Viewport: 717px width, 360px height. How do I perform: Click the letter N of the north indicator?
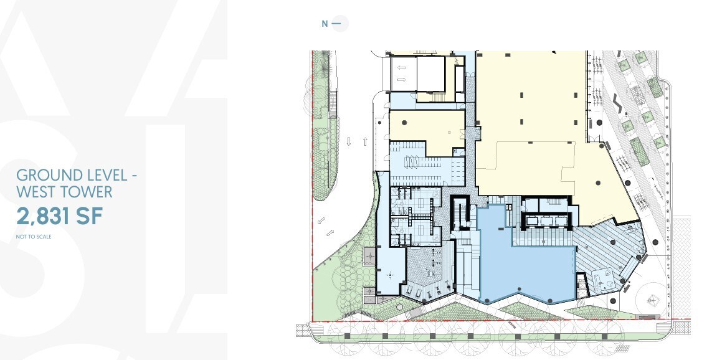tap(325, 24)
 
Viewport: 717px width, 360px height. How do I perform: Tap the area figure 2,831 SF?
tap(59, 216)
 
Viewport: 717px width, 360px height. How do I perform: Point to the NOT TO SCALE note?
tap(34, 237)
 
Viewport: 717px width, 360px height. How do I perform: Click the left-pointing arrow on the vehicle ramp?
tap(402, 67)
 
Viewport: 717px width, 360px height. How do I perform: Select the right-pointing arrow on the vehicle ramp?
tap(402, 79)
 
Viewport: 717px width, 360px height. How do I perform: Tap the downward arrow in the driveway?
tap(350, 142)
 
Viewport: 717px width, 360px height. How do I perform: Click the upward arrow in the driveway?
tap(365, 142)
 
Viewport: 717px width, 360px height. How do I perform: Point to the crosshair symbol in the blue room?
tap(391, 274)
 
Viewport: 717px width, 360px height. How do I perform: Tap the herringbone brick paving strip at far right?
tap(681, 268)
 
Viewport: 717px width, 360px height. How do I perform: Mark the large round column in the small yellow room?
tap(406, 121)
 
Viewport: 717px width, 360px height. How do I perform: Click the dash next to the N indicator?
tap(337, 24)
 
